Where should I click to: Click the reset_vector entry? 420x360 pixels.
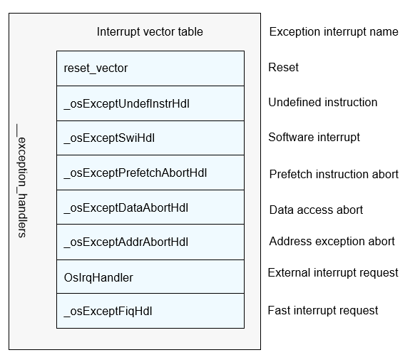[x=96, y=68]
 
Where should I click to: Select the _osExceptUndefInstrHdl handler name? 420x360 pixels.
[x=126, y=104]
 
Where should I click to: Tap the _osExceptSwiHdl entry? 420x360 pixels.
[x=109, y=138]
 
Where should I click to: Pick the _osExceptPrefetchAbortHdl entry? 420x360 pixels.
[x=135, y=173]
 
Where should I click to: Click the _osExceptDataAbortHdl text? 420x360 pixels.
[x=126, y=208]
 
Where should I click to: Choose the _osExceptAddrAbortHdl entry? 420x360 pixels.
[x=126, y=242]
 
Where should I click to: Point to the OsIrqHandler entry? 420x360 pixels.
[x=98, y=278]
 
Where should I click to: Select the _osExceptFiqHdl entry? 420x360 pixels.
[x=108, y=312]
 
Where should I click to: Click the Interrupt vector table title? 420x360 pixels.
[x=150, y=32]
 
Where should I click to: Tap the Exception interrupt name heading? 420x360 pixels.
[x=334, y=32]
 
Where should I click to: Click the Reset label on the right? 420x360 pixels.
[x=283, y=67]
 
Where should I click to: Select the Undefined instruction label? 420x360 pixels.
[x=323, y=103]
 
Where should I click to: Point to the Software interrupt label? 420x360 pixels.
[x=314, y=137]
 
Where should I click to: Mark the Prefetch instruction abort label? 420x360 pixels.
[x=334, y=175]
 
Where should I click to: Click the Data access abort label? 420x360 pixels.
[x=316, y=210]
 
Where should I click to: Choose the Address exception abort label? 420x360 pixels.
[x=332, y=242]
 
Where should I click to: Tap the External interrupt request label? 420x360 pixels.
[x=333, y=273]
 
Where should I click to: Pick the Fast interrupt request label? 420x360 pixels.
[x=323, y=311]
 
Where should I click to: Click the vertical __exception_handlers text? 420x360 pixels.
[x=21, y=181]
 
